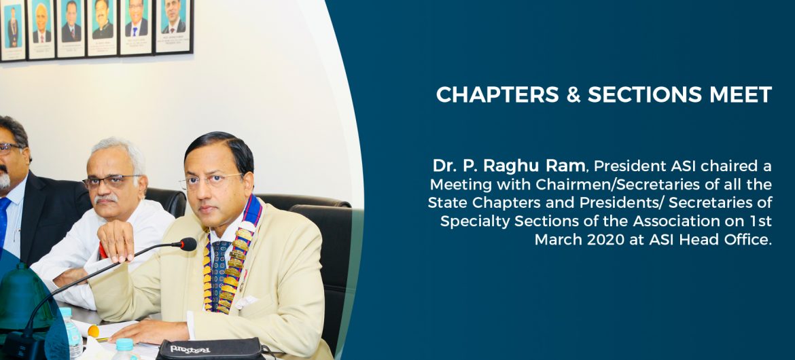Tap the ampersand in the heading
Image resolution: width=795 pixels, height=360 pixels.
click(574, 95)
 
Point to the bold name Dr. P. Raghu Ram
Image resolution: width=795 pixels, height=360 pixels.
click(508, 166)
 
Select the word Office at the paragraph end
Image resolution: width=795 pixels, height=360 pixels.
click(751, 239)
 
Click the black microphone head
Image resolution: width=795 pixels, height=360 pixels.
click(188, 245)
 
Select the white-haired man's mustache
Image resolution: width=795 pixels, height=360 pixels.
click(105, 199)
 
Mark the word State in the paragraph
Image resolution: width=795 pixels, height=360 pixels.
click(444, 203)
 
